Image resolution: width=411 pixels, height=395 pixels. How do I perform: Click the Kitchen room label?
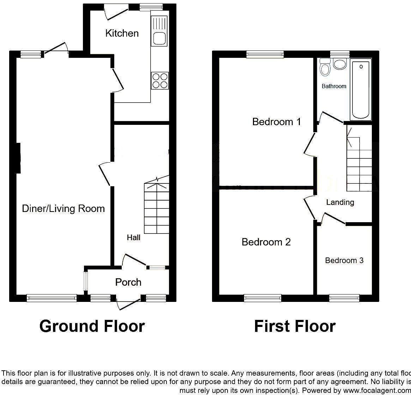pyautogui.click(x=122, y=34)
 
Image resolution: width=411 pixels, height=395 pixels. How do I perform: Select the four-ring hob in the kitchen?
pyautogui.click(x=160, y=80)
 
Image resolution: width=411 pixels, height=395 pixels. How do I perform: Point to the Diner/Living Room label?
pyautogui.click(x=64, y=208)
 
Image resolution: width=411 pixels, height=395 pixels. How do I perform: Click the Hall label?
pyautogui.click(x=134, y=238)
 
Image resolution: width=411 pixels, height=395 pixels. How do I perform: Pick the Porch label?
pyautogui.click(x=128, y=282)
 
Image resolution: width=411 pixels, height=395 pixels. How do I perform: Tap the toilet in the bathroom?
pyautogui.click(x=324, y=67)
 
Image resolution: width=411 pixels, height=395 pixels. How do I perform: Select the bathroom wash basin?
pyautogui.click(x=340, y=64)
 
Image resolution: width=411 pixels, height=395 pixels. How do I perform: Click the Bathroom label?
pyautogui.click(x=334, y=86)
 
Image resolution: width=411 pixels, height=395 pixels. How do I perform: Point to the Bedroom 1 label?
pyautogui.click(x=277, y=122)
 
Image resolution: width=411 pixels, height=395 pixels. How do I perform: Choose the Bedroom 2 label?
pyautogui.click(x=266, y=242)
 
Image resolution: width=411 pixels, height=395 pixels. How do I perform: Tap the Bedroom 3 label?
pyautogui.click(x=344, y=261)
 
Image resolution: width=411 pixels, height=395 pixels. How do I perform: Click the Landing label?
pyautogui.click(x=340, y=202)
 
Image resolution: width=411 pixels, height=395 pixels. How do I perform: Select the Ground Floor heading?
pyautogui.click(x=92, y=326)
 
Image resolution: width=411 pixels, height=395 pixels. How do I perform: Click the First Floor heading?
pyautogui.click(x=295, y=326)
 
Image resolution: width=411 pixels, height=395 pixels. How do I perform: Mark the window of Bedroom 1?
pyautogui.click(x=265, y=54)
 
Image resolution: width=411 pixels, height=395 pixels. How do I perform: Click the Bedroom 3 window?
pyautogui.click(x=344, y=298)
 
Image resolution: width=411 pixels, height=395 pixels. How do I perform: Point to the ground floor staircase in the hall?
pyautogui.click(x=157, y=208)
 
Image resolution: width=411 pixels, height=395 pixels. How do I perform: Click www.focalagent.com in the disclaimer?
pyautogui.click(x=374, y=391)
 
